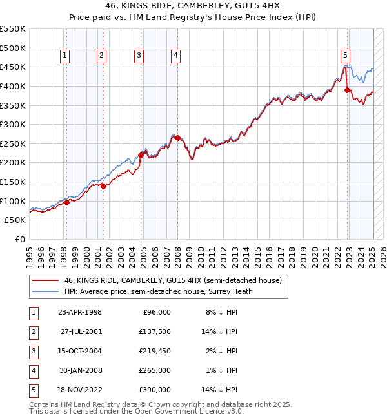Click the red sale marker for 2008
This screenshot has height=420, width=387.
[178, 138]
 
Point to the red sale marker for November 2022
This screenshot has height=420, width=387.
[347, 90]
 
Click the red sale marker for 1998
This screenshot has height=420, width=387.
[66, 202]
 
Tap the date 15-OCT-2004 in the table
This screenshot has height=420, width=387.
[80, 351]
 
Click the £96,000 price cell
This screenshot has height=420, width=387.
[155, 312]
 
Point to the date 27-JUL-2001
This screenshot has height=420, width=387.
[80, 331]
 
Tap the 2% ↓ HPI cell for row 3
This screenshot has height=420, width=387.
[222, 351]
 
